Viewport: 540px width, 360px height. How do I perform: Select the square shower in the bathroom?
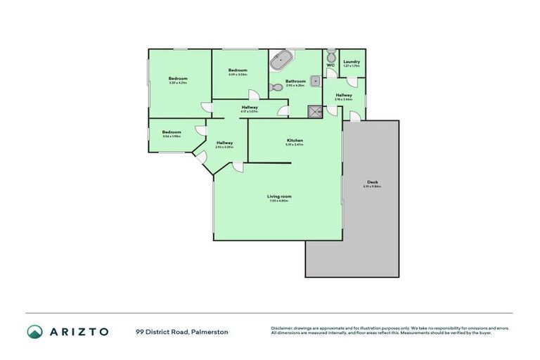click(x=314, y=110)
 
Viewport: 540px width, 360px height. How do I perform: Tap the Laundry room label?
click(x=352, y=62)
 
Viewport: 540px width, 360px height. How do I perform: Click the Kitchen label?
click(x=295, y=141)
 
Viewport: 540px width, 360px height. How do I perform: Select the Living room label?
click(x=279, y=196)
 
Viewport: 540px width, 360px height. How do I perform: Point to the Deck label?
click(x=372, y=182)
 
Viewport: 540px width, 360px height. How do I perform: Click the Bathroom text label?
click(x=295, y=81)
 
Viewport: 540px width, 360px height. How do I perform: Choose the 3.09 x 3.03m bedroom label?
click(x=238, y=70)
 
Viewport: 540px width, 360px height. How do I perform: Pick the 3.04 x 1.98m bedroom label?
click(x=172, y=132)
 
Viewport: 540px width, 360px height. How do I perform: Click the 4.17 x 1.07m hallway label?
click(x=249, y=108)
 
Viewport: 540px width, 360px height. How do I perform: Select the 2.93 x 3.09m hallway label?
click(x=224, y=143)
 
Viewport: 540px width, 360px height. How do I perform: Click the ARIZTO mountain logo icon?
click(x=34, y=331)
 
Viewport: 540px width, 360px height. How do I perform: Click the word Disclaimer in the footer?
click(x=282, y=328)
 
